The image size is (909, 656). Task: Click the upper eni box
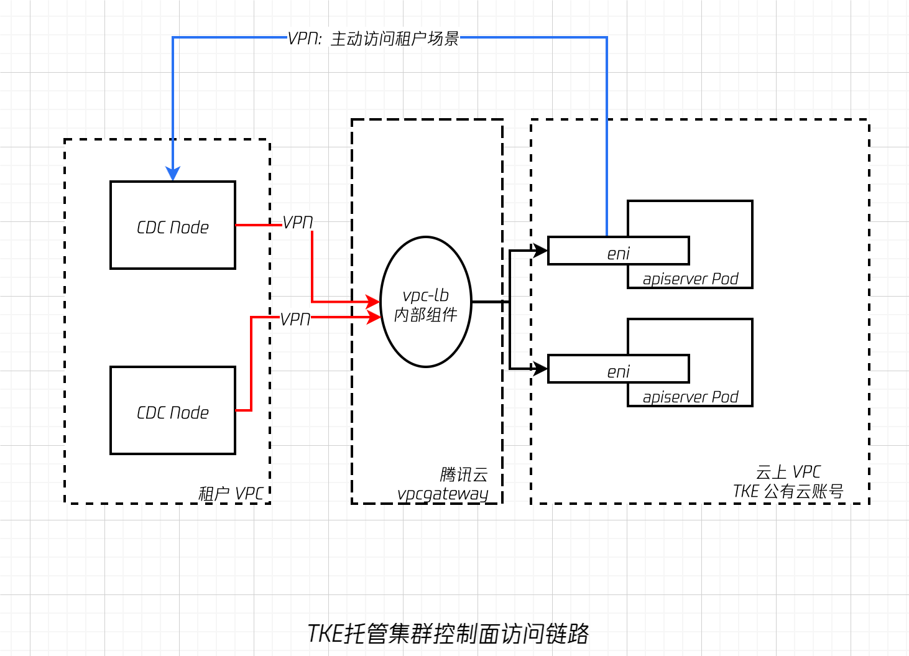tap(618, 251)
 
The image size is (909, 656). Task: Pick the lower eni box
tap(618, 369)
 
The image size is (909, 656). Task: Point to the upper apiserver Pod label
tap(690, 279)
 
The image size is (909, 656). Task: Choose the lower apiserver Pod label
tap(690, 397)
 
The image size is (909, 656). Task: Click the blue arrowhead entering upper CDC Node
tap(173, 173)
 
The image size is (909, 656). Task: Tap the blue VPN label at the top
tap(373, 39)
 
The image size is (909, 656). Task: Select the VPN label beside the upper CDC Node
tap(297, 222)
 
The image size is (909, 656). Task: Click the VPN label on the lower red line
tap(295, 319)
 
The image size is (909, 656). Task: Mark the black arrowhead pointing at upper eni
tap(540, 251)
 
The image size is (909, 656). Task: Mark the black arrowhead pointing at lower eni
tap(540, 369)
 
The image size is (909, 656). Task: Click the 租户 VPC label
tap(231, 494)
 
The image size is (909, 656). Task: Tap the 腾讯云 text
tap(463, 474)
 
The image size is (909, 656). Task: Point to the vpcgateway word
tap(443, 494)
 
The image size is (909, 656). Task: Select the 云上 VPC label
tap(788, 472)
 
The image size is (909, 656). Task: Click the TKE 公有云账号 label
tap(788, 491)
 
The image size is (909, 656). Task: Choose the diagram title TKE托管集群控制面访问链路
tap(448, 634)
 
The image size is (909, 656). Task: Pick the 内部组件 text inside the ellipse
tap(426, 315)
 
